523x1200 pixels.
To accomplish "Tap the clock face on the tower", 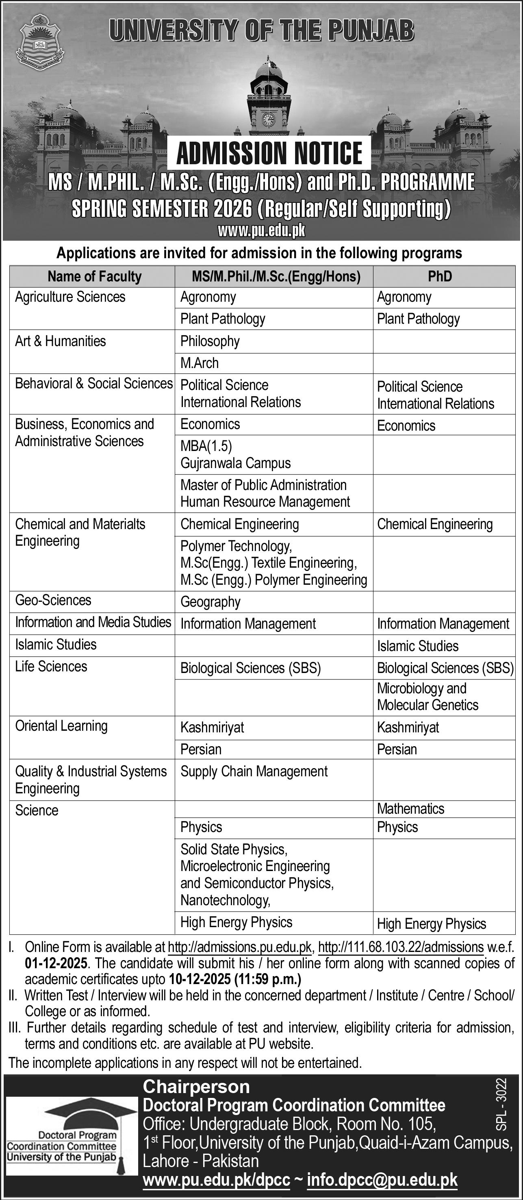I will (x=268, y=120).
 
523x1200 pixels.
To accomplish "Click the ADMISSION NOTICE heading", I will (x=269, y=153).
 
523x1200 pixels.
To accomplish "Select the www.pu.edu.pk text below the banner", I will (x=261, y=230).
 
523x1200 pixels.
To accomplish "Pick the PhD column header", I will (x=440, y=276).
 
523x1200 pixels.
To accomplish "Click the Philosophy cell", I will (x=210, y=341).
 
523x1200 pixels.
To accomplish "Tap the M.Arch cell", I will (x=200, y=363).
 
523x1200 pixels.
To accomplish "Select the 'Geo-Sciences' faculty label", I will (x=53, y=600).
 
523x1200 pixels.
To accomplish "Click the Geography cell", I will (x=211, y=602).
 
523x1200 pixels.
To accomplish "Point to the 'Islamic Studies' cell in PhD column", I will (x=417, y=646).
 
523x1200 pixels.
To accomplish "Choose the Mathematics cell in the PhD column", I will (x=410, y=808).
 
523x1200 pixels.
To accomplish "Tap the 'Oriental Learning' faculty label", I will (x=61, y=725).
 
